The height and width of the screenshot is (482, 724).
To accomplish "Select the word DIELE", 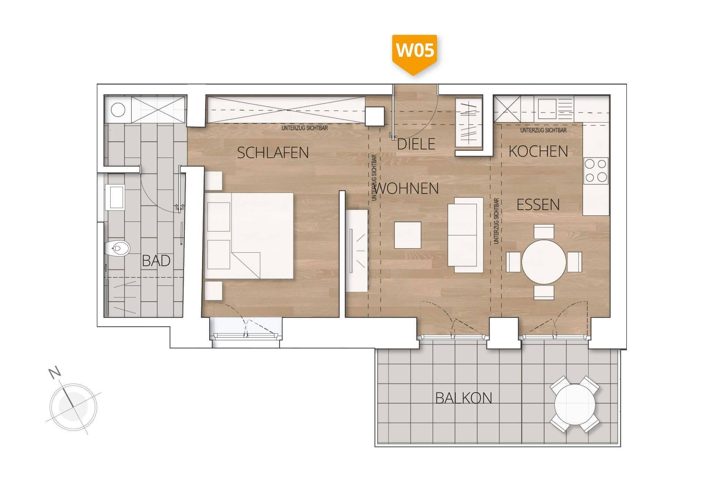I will coord(416,144).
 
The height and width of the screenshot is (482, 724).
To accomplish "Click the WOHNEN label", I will coord(407,189).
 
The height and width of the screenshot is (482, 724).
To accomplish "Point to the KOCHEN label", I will coord(538,151).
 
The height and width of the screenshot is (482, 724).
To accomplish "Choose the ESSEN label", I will coord(538,205).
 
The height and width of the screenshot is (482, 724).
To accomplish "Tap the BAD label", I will coord(156,261).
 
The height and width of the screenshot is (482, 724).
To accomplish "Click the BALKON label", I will coord(464,398).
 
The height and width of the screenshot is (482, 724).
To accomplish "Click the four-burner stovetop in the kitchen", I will coord(596,171).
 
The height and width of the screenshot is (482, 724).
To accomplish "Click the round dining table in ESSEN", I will coord(544,262).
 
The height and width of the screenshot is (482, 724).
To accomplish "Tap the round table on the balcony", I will coord(575,405).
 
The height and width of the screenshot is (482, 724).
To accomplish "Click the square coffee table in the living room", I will coord(408,235).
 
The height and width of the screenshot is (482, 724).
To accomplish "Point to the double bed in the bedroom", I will coord(249,236).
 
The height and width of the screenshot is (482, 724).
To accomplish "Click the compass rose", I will coord(73,407).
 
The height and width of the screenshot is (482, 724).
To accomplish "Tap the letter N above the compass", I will coord(54,373).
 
